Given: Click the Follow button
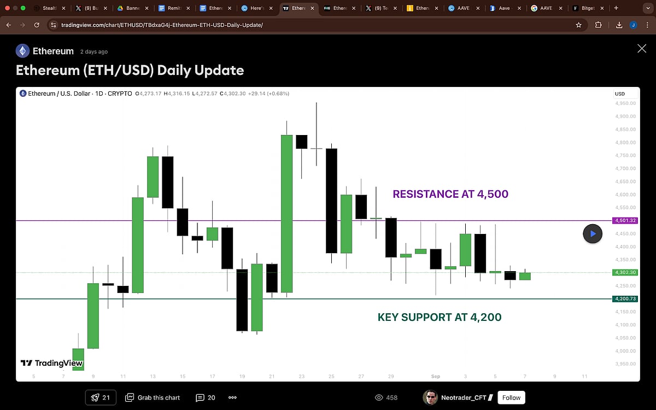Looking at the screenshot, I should tap(511, 397).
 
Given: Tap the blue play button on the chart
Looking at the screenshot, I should tap(593, 234).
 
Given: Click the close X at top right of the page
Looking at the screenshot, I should tap(642, 49).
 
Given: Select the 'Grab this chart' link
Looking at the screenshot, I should tap(153, 397).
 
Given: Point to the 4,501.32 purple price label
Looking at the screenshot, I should tap(625, 221).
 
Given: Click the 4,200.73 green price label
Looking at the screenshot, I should tap(625, 299).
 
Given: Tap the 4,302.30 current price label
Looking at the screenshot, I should tap(625, 272).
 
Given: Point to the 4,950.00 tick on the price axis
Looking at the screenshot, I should tap(625, 103).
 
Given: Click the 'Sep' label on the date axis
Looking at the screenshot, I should tap(436, 376).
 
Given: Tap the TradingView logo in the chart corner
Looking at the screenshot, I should tap(51, 363).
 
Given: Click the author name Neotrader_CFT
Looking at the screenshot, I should tap(464, 397).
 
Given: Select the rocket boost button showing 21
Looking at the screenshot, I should tap(101, 397).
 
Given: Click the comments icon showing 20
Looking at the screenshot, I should tap(206, 397).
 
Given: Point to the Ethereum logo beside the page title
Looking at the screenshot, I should tap(22, 51).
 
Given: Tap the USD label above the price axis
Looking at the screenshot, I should tap(620, 94).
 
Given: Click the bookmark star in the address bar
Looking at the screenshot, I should tap(578, 25).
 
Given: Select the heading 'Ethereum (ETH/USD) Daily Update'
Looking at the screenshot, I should tap(130, 70).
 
